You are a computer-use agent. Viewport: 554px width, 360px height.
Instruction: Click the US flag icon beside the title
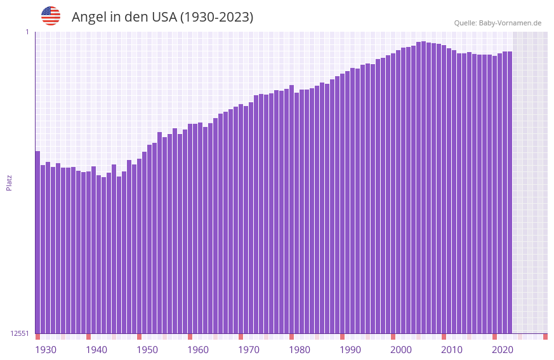[x=51, y=16]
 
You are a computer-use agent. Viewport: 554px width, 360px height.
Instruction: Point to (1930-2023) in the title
[x=216, y=17]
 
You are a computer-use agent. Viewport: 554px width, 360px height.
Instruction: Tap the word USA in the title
[x=164, y=17]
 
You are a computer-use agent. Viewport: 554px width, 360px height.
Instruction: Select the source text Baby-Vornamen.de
[x=510, y=23]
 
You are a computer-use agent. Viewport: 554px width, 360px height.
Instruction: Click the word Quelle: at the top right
[x=465, y=23]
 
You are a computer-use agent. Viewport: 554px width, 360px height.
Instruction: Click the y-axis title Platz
[x=9, y=182]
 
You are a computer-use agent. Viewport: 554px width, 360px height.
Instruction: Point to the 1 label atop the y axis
[x=27, y=32]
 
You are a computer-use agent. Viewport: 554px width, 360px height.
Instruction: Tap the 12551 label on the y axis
[x=20, y=333]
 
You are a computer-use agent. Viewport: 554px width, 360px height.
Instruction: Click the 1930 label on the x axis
[x=46, y=350]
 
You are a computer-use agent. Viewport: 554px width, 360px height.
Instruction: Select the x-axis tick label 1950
[x=147, y=350]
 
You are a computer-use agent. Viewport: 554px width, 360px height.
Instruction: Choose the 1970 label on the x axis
[x=249, y=350]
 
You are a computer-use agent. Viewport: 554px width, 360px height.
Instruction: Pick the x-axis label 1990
[x=350, y=350]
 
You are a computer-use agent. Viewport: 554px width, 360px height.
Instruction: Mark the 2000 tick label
[x=401, y=350]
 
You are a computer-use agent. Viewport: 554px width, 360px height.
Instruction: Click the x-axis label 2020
[x=503, y=350]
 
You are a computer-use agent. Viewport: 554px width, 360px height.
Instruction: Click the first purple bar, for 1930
[x=37, y=241]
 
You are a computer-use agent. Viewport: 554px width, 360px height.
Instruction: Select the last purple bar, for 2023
[x=510, y=190]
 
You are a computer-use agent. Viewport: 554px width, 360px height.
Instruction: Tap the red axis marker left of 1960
[x=190, y=337]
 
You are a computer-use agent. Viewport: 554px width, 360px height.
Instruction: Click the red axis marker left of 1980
[x=291, y=337]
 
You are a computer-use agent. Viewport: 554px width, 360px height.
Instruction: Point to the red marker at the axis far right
[x=545, y=337]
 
